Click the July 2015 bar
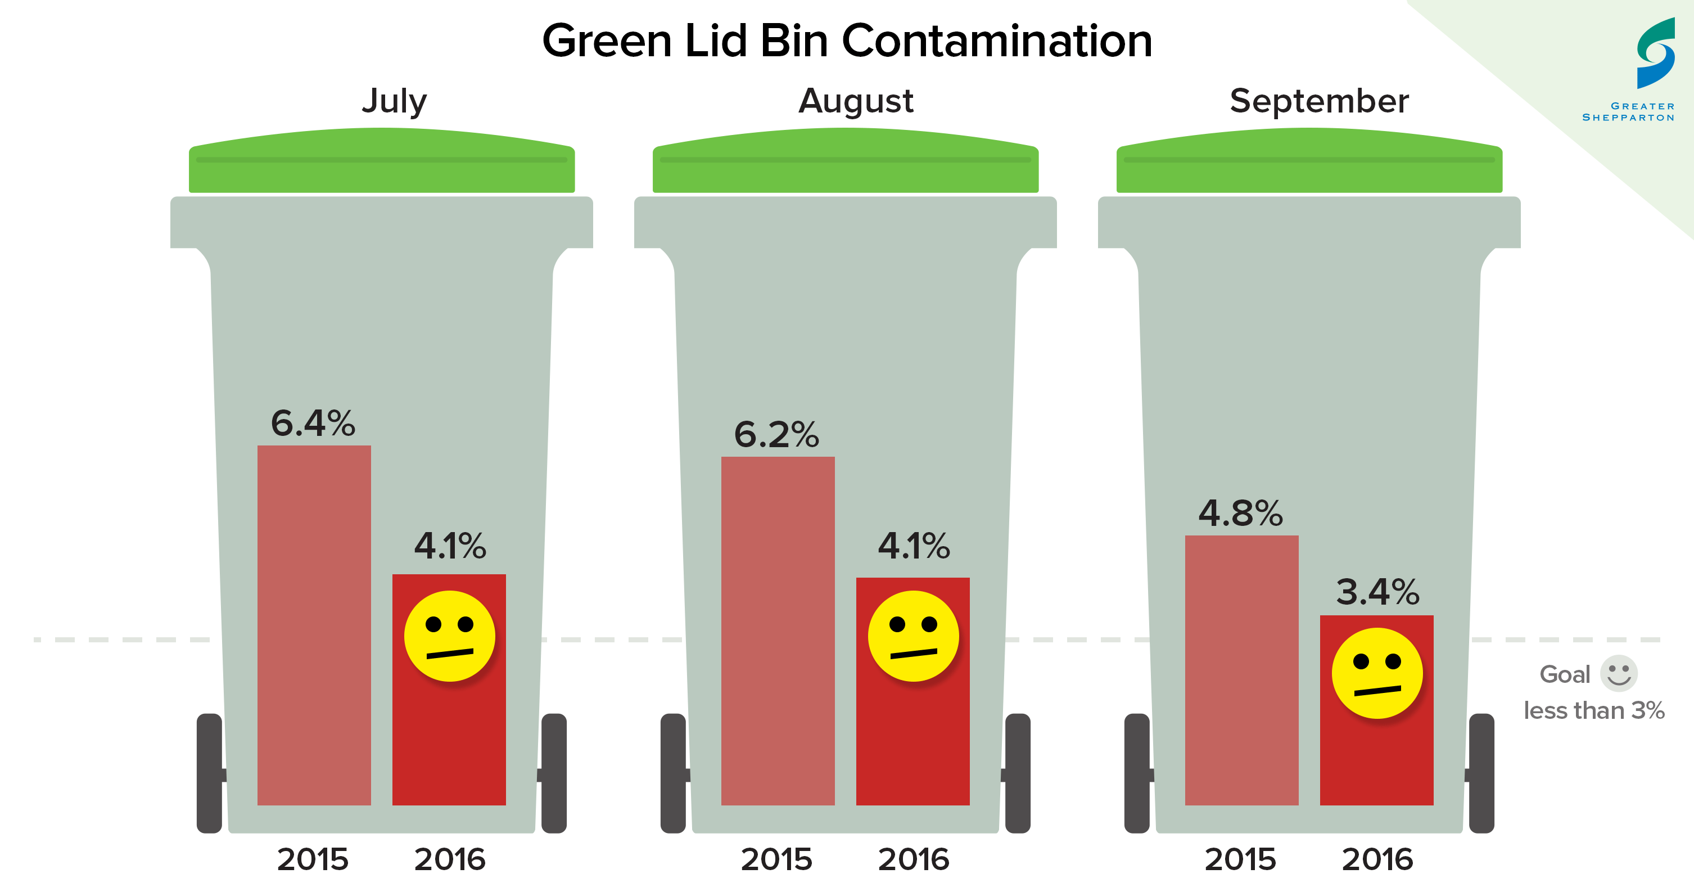pyautogui.click(x=314, y=625)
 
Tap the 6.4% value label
pyautogui.click(x=313, y=423)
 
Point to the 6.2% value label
pyautogui.click(x=776, y=435)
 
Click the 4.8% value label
pyautogui.click(x=1240, y=514)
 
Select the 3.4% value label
pyautogui.click(x=1377, y=592)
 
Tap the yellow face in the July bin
pyautogui.click(x=449, y=636)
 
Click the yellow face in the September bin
pyautogui.click(x=1376, y=673)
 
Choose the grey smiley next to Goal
pyautogui.click(x=1618, y=673)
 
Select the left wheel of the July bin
pyautogui.click(x=209, y=773)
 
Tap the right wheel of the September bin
pyautogui.click(x=1481, y=773)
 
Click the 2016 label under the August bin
pyautogui.click(x=914, y=859)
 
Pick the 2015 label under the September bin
pyautogui.click(x=1240, y=859)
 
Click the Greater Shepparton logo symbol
pyautogui.click(x=1655, y=53)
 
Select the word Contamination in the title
pyautogui.click(x=996, y=41)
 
